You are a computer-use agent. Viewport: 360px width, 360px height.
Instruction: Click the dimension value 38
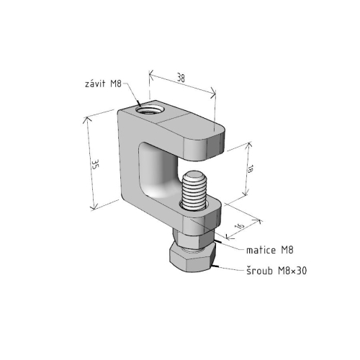(181, 78)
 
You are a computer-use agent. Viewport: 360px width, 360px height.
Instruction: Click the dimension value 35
(95, 164)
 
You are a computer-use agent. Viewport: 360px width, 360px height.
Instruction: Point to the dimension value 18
(250, 169)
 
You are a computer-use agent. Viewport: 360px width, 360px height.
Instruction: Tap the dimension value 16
(240, 226)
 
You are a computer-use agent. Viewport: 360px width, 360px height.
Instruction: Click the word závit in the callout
(95, 84)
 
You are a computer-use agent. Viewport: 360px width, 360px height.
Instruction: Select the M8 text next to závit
(116, 84)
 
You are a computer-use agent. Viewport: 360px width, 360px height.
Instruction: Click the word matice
(261, 250)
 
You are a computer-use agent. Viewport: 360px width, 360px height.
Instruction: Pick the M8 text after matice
(287, 250)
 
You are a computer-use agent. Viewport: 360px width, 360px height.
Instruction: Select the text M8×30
(292, 271)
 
